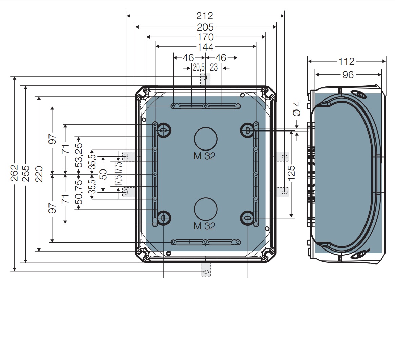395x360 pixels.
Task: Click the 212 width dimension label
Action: [x=204, y=16]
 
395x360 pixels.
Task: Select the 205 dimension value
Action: [x=205, y=27]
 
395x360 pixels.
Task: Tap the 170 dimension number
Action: [x=205, y=37]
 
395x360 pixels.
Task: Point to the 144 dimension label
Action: [x=205, y=47]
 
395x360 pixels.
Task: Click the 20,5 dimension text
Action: [x=199, y=67]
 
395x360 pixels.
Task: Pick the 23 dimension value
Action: [x=214, y=67]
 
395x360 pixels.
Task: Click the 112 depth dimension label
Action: [x=347, y=61]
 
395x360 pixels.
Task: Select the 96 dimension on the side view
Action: [x=348, y=75]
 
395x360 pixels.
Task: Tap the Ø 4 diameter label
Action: [x=297, y=109]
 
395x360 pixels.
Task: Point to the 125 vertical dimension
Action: [x=291, y=173]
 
